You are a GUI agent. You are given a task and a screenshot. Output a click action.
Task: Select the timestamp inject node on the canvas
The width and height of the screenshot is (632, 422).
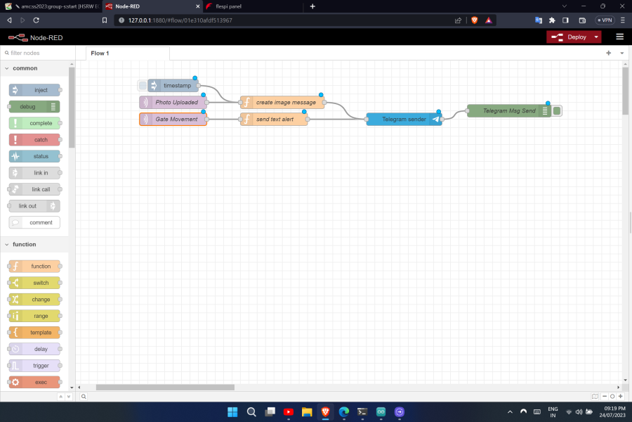(x=176, y=86)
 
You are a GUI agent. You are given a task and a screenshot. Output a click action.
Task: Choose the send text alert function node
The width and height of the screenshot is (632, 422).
(x=275, y=120)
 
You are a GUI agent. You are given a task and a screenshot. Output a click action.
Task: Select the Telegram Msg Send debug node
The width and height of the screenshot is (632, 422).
(x=508, y=111)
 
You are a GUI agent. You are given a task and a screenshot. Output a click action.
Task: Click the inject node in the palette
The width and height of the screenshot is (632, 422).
(x=35, y=90)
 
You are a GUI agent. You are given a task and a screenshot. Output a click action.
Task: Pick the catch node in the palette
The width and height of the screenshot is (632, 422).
(x=35, y=140)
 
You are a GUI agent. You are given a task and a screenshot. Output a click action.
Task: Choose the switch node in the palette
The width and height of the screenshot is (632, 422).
(x=35, y=283)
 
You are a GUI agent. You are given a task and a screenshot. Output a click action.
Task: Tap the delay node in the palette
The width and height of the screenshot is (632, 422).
(x=35, y=349)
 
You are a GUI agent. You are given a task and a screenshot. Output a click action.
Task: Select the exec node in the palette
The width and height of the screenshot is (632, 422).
(x=35, y=382)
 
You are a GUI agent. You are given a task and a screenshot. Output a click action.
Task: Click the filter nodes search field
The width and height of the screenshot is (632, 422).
(x=37, y=53)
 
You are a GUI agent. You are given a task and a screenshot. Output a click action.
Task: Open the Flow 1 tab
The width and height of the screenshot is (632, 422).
(x=100, y=53)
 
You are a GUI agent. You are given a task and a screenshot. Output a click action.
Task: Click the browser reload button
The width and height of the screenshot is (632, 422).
(x=37, y=20)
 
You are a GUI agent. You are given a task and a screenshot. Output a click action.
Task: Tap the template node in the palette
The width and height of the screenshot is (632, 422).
(x=35, y=333)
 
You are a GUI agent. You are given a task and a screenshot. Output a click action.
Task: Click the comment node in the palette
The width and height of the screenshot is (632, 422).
(x=35, y=222)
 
